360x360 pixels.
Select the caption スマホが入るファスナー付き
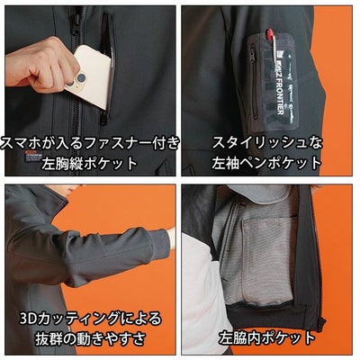click(x=90, y=142)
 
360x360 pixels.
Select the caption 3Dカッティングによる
click(x=90, y=319)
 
